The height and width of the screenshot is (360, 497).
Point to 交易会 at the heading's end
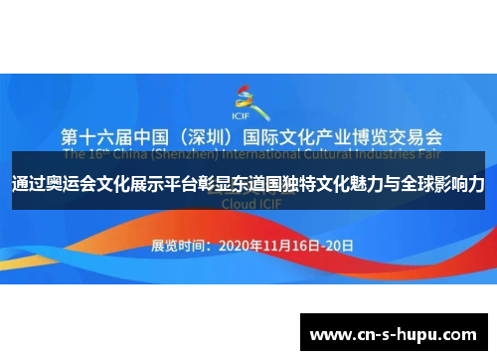point(418,136)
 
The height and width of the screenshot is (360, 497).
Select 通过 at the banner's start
point(29,185)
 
